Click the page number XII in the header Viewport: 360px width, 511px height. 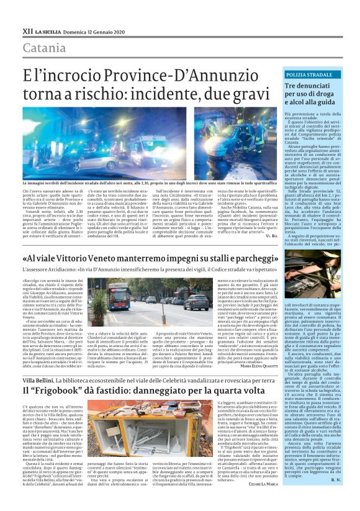[27, 30]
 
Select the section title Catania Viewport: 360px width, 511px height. [46, 47]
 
